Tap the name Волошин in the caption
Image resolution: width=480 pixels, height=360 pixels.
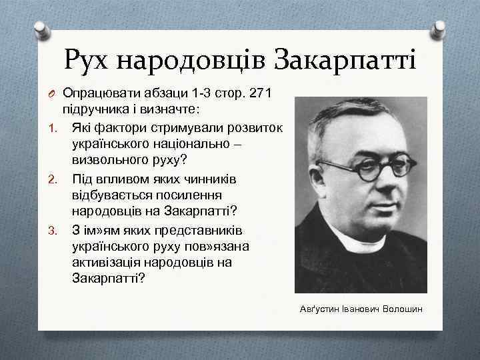pos(403,310)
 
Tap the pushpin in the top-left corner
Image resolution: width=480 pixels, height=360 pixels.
pos(41,29)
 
